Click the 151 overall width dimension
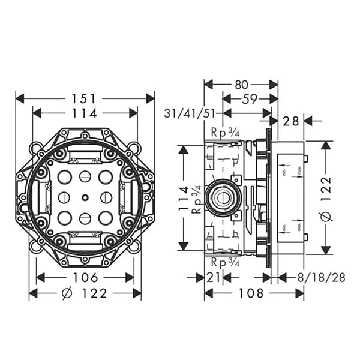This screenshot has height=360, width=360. (85, 98)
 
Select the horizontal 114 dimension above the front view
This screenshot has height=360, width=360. (85, 113)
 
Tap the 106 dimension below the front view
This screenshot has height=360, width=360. (85, 277)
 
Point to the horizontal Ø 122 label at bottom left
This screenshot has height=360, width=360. (85, 293)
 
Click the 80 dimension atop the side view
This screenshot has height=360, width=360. (241, 83)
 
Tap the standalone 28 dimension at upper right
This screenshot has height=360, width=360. (291, 121)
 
